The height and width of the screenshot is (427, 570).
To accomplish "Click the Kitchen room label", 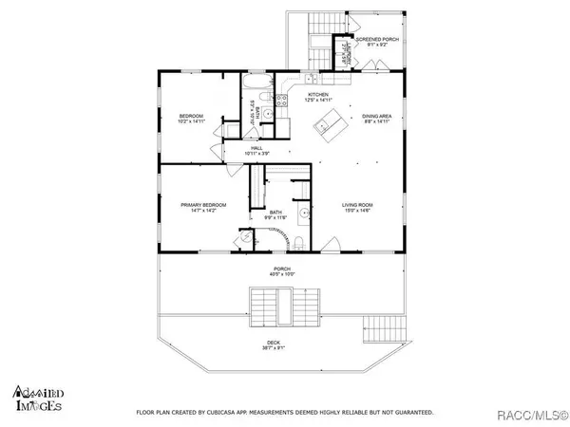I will tap(316, 95).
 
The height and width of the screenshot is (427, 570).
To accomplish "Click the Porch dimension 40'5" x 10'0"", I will tap(282, 275).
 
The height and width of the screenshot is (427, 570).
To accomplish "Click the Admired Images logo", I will tap(38, 399).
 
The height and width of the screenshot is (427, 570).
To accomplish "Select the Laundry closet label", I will tap(346, 53).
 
